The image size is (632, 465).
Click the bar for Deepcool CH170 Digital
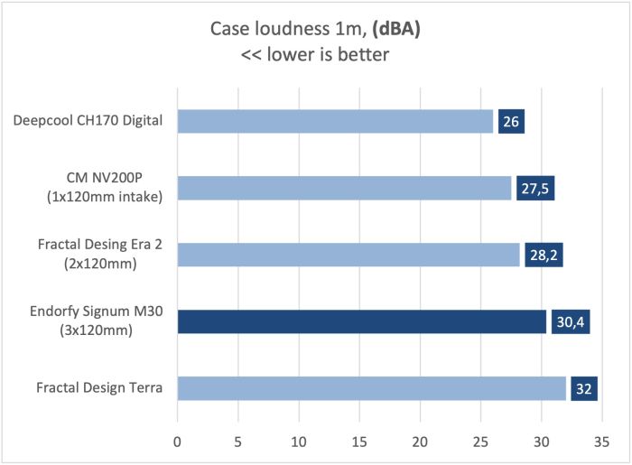click(335, 121)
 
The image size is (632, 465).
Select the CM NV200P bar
click(344, 188)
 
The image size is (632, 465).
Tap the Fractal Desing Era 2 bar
click(349, 255)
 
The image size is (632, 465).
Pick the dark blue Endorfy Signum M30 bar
click(361, 321)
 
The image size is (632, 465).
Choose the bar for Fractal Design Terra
click(371, 388)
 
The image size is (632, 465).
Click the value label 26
click(511, 121)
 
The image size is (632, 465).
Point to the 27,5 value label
click(535, 188)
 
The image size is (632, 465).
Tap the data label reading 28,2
click(544, 255)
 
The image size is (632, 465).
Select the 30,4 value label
click(571, 321)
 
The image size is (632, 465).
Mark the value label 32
click(584, 388)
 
